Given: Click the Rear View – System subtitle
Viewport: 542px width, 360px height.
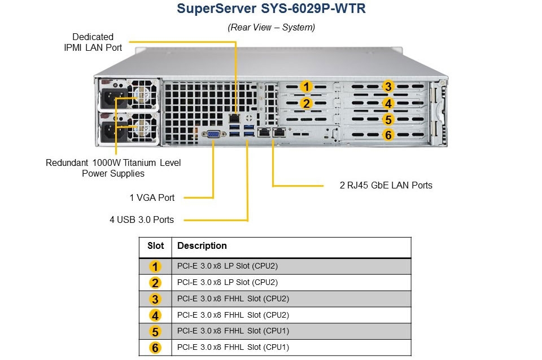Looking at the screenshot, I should [271, 27].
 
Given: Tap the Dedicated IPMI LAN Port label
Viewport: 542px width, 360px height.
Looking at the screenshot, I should [93, 42].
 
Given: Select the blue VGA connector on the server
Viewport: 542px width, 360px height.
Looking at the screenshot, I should [214, 134].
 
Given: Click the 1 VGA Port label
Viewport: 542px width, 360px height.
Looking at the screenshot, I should [152, 197].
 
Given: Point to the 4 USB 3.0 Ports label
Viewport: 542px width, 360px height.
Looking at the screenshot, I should [142, 219].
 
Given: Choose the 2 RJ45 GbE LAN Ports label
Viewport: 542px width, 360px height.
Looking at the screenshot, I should [386, 185].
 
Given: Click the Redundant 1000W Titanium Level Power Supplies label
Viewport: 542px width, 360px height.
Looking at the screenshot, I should [113, 168].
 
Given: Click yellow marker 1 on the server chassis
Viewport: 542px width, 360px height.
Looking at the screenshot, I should [305, 86].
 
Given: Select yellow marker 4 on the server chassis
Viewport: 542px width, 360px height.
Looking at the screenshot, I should [388, 103].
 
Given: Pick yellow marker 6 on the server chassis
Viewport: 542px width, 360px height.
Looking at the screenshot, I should [388, 135].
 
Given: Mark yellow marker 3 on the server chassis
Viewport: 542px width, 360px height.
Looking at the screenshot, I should [388, 86].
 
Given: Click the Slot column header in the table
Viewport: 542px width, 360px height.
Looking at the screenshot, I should [156, 246].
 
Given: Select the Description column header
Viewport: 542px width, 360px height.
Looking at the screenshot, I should [202, 246].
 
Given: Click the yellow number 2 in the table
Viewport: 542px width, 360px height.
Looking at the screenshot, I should [156, 283].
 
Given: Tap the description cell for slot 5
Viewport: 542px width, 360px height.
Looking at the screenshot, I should [233, 331].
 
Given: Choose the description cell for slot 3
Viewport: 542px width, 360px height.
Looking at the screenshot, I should [233, 298].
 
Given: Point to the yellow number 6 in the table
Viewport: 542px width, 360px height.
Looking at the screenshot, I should [156, 348].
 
